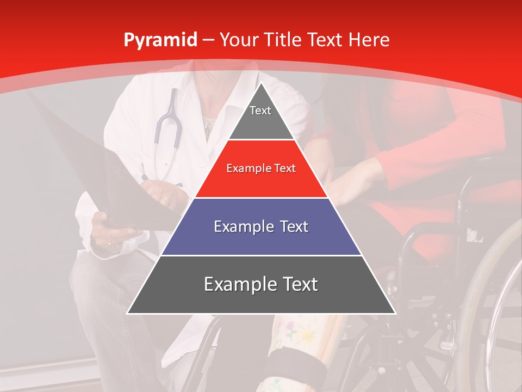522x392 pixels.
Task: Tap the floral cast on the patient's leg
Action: [304, 332]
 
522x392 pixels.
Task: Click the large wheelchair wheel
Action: [489, 305]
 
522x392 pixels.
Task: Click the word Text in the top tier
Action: [260, 111]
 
